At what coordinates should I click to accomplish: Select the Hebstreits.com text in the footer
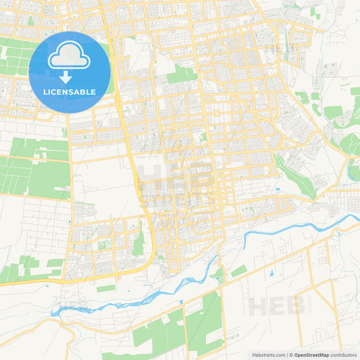pyautogui.click(x=263, y=355)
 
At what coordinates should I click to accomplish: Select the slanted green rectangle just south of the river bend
pyautogui.click(x=238, y=271)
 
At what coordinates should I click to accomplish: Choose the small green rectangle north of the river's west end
pyautogui.click(x=105, y=288)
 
